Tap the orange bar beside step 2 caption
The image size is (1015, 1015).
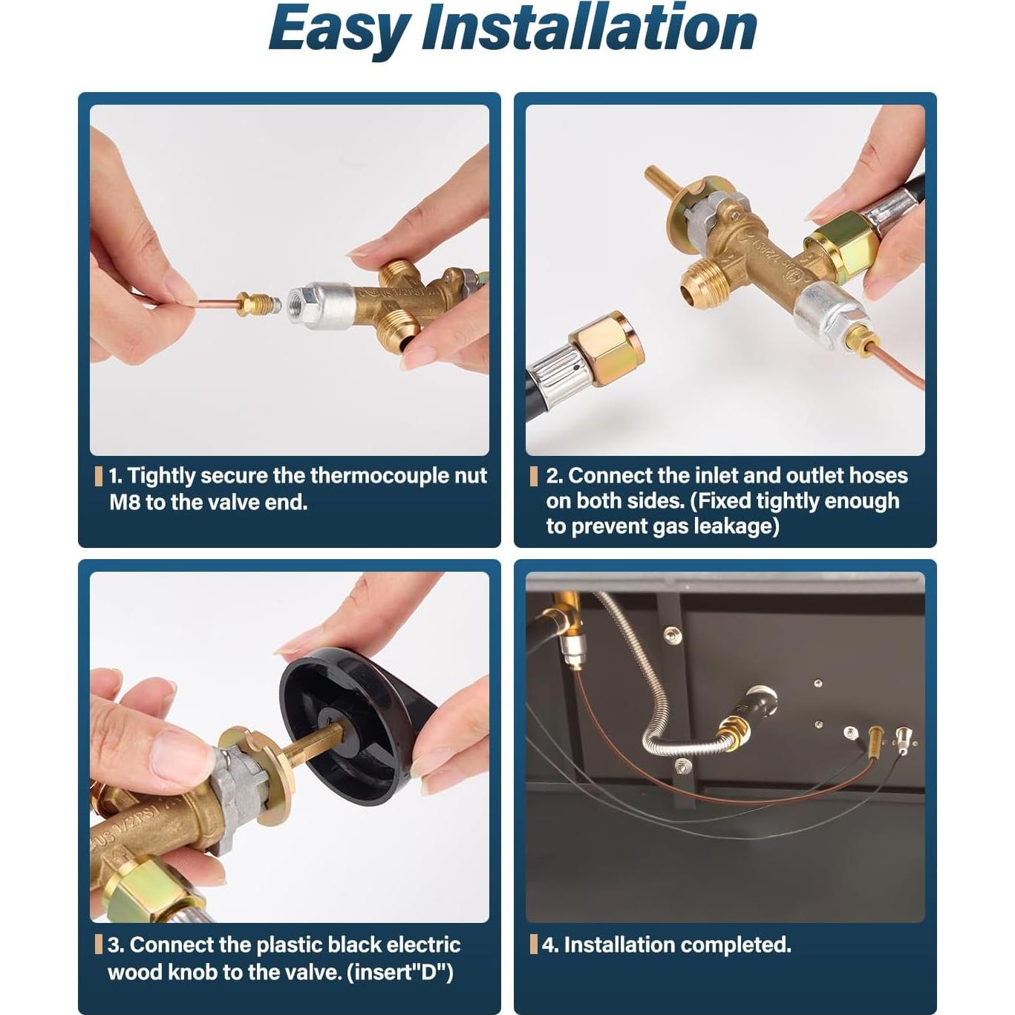tap(533, 476)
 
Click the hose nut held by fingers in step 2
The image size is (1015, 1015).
tap(841, 244)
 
